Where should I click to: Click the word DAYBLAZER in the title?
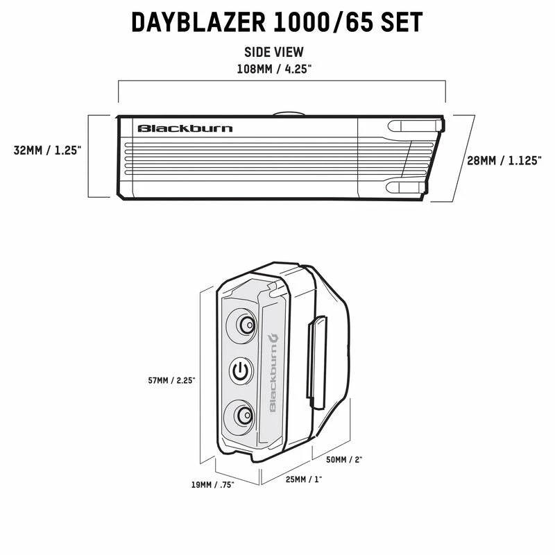[198, 22]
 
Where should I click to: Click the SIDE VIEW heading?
[274, 52]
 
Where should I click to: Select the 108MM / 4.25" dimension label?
[274, 69]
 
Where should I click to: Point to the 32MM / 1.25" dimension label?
[47, 151]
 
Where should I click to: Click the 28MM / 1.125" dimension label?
[504, 161]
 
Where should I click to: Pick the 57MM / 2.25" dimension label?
[171, 380]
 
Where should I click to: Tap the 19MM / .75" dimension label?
[213, 484]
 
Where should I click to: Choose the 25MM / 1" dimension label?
[304, 479]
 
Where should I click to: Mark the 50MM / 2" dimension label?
[344, 459]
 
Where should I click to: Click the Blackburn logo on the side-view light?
[185, 128]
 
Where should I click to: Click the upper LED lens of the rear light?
[241, 325]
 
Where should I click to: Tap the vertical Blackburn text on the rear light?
[273, 373]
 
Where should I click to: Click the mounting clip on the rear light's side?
[316, 363]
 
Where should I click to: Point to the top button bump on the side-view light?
[289, 114]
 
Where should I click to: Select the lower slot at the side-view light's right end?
[406, 187]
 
